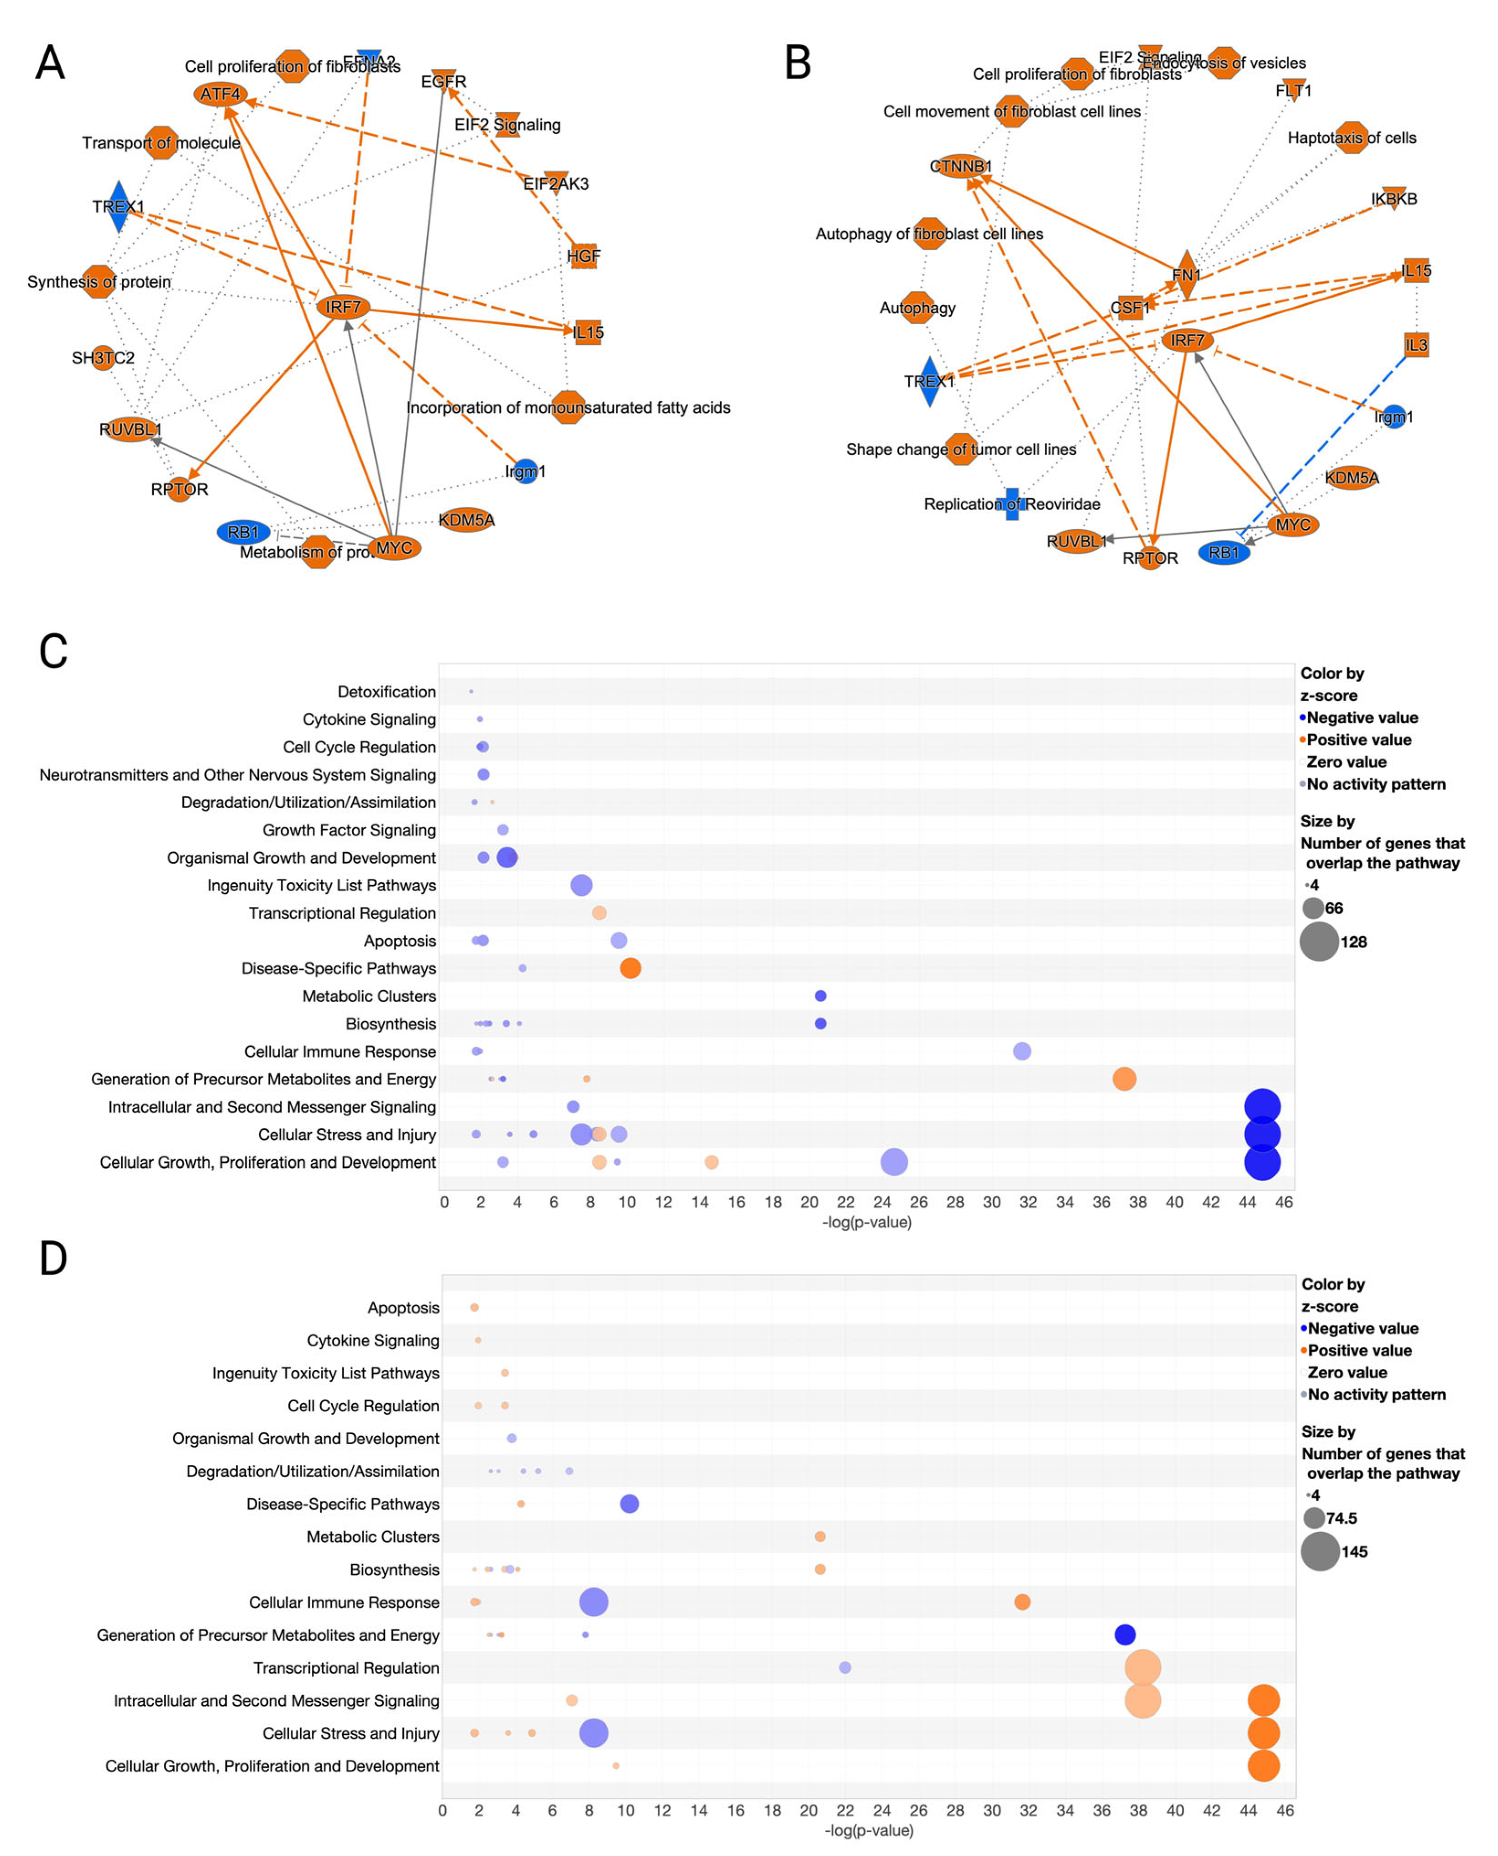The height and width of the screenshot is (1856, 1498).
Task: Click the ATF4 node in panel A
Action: point(220,94)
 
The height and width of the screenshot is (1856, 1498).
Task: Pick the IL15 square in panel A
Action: point(587,331)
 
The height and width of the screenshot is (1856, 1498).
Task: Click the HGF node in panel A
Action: point(584,256)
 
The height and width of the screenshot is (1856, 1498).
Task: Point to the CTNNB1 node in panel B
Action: point(960,166)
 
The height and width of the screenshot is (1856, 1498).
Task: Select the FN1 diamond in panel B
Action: point(1187,274)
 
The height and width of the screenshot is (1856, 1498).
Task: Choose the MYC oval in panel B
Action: point(1293,524)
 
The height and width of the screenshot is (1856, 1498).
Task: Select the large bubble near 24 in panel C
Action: point(894,1162)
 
